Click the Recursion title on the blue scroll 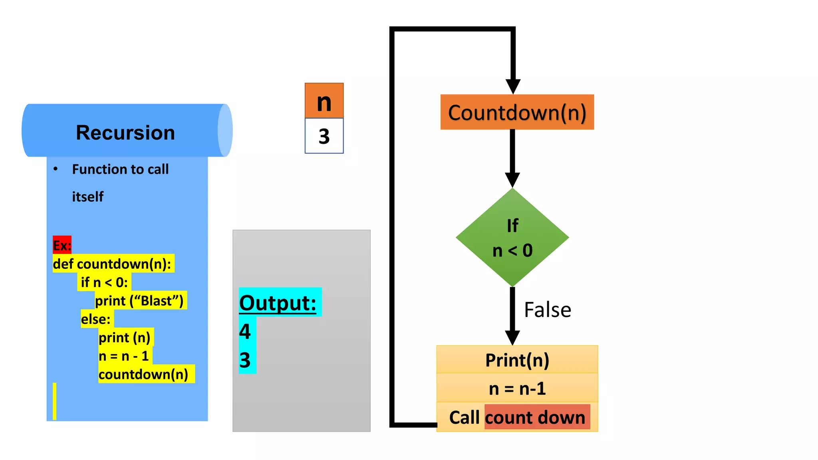pyautogui.click(x=125, y=133)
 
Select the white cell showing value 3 pyautogui.click(x=324, y=136)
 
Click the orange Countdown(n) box pyautogui.click(x=517, y=113)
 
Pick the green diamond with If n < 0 pyautogui.click(x=512, y=238)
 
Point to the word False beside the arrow pyautogui.click(x=547, y=310)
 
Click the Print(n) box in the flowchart pyautogui.click(x=517, y=360)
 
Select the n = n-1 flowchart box pyautogui.click(x=517, y=388)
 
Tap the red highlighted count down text pyautogui.click(x=535, y=417)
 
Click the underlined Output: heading pyautogui.click(x=278, y=303)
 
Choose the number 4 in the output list pyautogui.click(x=245, y=331)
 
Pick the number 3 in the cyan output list pyautogui.click(x=245, y=360)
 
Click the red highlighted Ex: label pyautogui.click(x=62, y=245)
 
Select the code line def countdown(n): pyautogui.click(x=112, y=264)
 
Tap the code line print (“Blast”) pyautogui.click(x=139, y=301)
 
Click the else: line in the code pyautogui.click(x=96, y=319)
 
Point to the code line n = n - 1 pyautogui.click(x=123, y=356)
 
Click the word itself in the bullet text pyautogui.click(x=87, y=197)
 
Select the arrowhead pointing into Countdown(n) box pyautogui.click(x=513, y=86)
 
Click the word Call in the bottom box pyautogui.click(x=464, y=417)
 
